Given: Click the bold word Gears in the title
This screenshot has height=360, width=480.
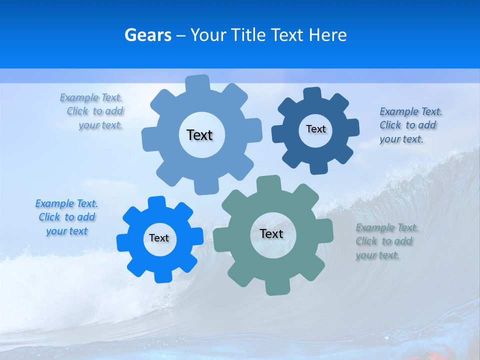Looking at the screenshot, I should pos(147,35).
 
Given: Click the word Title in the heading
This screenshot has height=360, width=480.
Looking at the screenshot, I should pos(248,35).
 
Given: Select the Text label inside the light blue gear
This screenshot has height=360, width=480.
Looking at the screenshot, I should pos(199,135).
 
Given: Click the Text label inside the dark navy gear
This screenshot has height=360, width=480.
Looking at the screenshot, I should pos(315,129).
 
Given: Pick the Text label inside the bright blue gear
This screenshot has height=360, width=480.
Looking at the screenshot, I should pos(159,238).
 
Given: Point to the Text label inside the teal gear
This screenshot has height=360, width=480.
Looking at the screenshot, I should pos(271,233).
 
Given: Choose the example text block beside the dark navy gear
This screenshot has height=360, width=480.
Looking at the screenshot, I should pos(409,125).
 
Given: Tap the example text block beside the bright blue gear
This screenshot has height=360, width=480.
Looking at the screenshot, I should pos(66,217).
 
